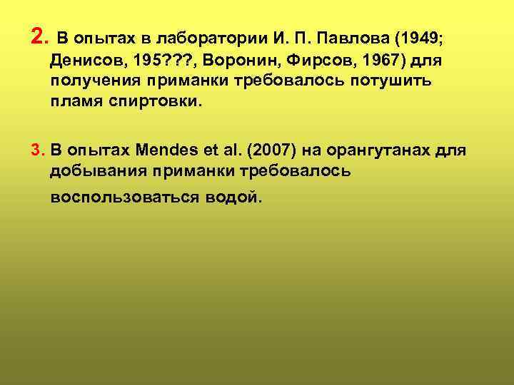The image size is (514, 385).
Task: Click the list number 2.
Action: [x=39, y=34]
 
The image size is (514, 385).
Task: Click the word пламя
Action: [x=75, y=101]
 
